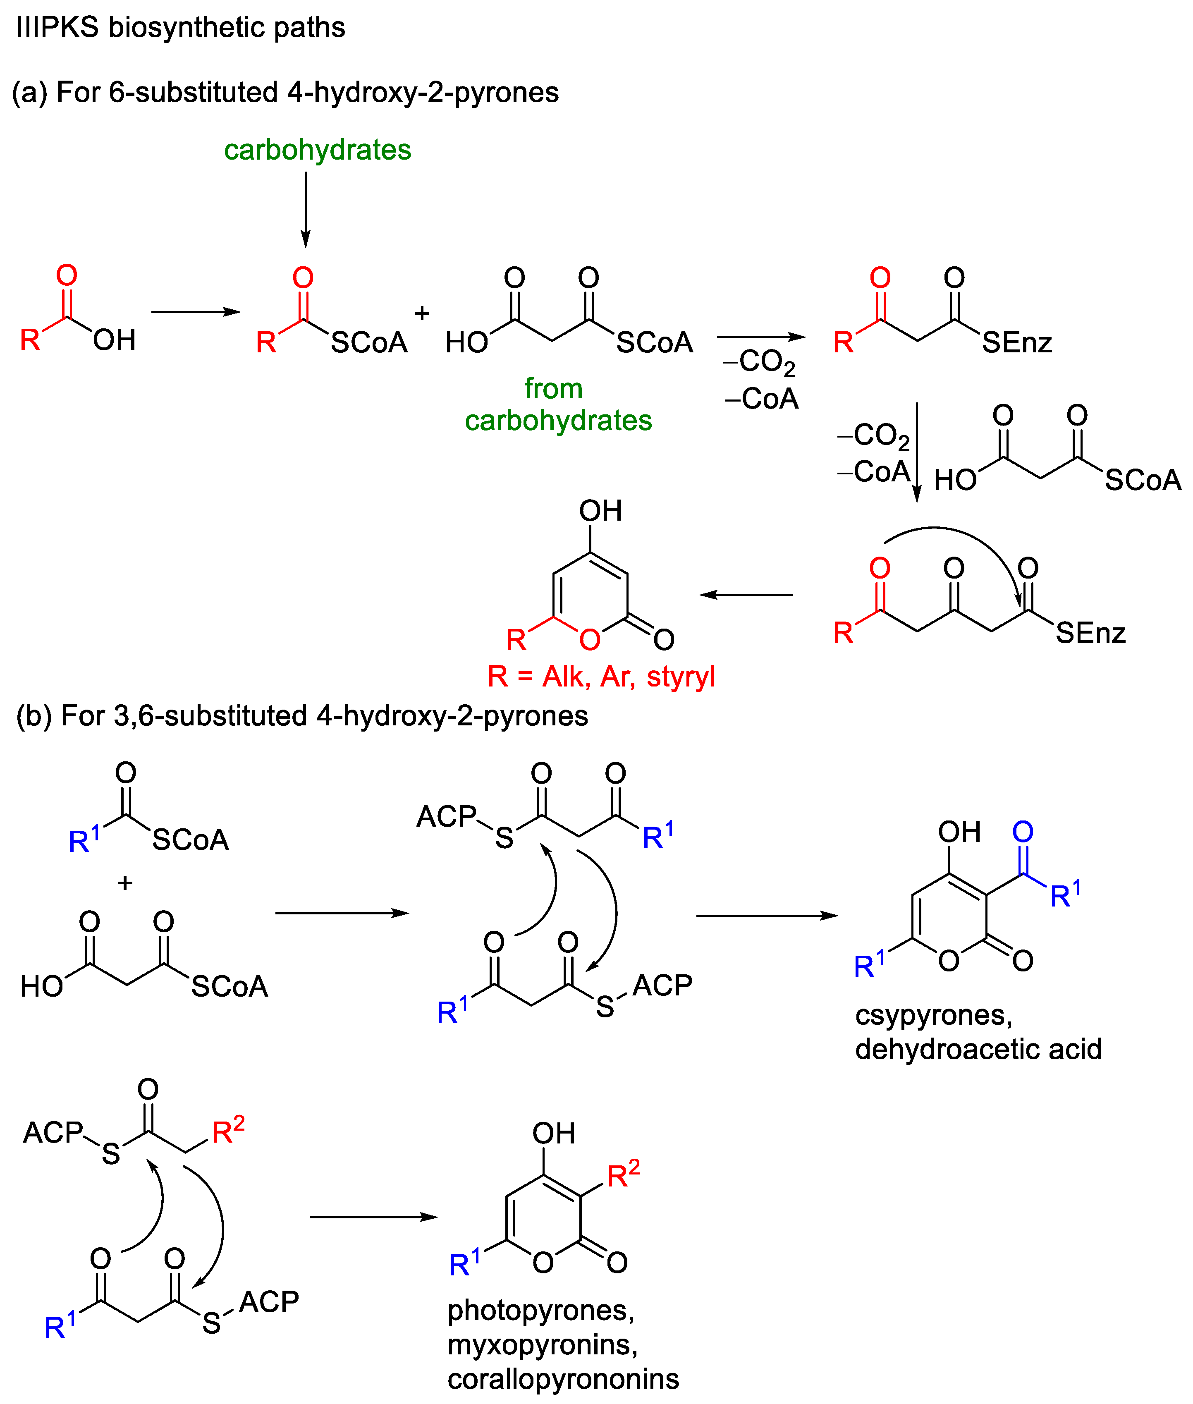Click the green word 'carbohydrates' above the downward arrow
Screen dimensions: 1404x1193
[x=317, y=149]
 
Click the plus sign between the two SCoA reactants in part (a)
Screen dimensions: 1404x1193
[x=422, y=313]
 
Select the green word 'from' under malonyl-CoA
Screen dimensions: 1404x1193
[x=553, y=388]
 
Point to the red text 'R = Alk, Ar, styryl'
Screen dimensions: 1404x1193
[x=601, y=676]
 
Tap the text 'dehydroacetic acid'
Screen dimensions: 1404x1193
[x=978, y=1049]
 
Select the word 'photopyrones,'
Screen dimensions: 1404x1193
[x=541, y=1311]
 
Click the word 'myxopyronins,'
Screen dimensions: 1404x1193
[x=543, y=1344]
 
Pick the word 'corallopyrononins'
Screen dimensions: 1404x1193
[x=563, y=1379]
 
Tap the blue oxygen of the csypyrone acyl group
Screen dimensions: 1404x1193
[x=1023, y=832]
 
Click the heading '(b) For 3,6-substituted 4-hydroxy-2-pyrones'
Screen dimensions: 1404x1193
[x=301, y=715]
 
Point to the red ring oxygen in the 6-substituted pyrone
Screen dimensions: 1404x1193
[x=590, y=639]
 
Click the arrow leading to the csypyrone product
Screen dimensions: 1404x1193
[x=767, y=916]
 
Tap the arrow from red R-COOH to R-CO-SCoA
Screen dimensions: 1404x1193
[x=196, y=312]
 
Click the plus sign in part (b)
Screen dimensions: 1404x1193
[x=125, y=883]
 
